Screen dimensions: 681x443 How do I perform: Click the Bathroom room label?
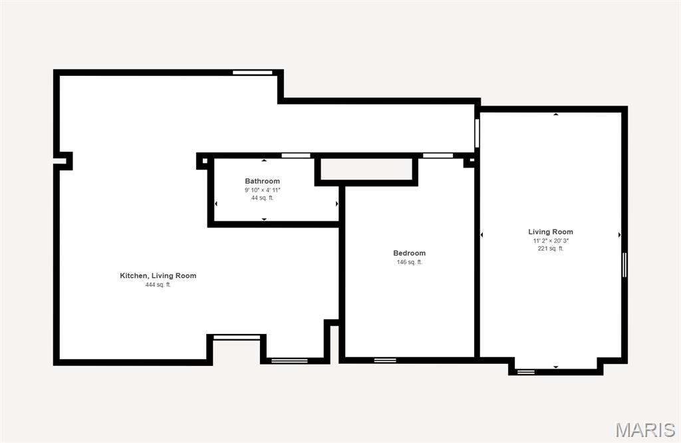coord(262,181)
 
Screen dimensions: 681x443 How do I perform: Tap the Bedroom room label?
coord(409,253)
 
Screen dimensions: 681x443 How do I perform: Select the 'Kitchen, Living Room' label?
coord(158,276)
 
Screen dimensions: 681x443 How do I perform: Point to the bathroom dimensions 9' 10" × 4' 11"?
coord(262,190)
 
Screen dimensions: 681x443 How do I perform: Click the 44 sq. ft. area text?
coord(262,198)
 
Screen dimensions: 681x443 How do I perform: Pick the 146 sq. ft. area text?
coord(409,262)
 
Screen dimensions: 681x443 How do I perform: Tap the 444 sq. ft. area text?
coord(158,285)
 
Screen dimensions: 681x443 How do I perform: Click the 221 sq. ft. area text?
coord(551,249)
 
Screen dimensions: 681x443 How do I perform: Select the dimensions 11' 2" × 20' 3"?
coord(551,241)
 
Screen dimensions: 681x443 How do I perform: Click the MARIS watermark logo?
coord(645,430)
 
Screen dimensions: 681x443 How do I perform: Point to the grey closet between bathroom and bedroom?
coord(366,169)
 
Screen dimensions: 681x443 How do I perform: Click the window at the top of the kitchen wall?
coord(252,73)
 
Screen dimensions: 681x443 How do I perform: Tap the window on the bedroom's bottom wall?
coord(385,361)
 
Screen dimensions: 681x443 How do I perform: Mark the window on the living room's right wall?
coord(624,265)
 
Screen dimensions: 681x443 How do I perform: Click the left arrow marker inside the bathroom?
coord(216,204)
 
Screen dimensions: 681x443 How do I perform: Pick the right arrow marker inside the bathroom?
coord(337,204)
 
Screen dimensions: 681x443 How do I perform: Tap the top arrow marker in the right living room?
coord(555,114)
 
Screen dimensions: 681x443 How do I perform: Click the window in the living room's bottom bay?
coord(525,372)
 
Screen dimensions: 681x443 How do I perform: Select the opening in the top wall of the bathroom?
coord(296,156)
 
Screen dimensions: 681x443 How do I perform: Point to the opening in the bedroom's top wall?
coord(438,156)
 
